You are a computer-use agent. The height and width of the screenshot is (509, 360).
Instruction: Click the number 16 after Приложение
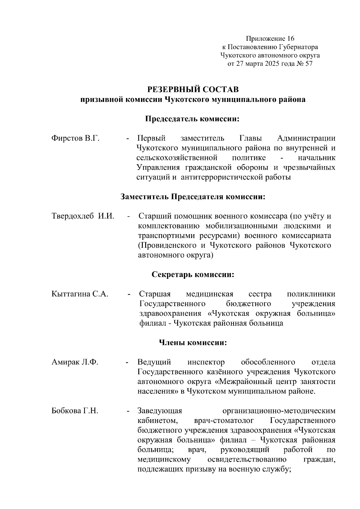click(290, 39)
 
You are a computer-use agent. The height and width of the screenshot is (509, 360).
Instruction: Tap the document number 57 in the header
click(308, 64)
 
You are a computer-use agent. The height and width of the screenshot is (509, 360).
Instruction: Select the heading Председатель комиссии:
click(193, 119)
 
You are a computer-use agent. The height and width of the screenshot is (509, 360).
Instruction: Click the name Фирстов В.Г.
click(75, 138)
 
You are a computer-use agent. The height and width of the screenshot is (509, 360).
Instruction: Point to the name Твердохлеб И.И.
click(83, 216)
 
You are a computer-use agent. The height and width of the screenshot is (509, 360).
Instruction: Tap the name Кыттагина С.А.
click(80, 294)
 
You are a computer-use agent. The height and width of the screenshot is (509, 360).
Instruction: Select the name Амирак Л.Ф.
click(75, 362)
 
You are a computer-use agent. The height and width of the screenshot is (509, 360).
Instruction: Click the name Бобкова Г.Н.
click(75, 411)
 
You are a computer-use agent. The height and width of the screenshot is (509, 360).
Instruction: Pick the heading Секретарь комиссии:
click(193, 275)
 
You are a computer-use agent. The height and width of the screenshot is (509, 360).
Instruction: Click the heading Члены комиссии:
click(193, 343)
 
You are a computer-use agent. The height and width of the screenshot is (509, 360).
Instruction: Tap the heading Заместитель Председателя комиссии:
click(193, 197)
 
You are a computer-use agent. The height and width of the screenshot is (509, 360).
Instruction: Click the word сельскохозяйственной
click(176, 158)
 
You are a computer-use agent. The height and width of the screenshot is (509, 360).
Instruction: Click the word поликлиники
click(311, 294)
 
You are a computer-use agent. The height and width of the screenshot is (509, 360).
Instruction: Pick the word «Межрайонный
click(241, 382)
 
